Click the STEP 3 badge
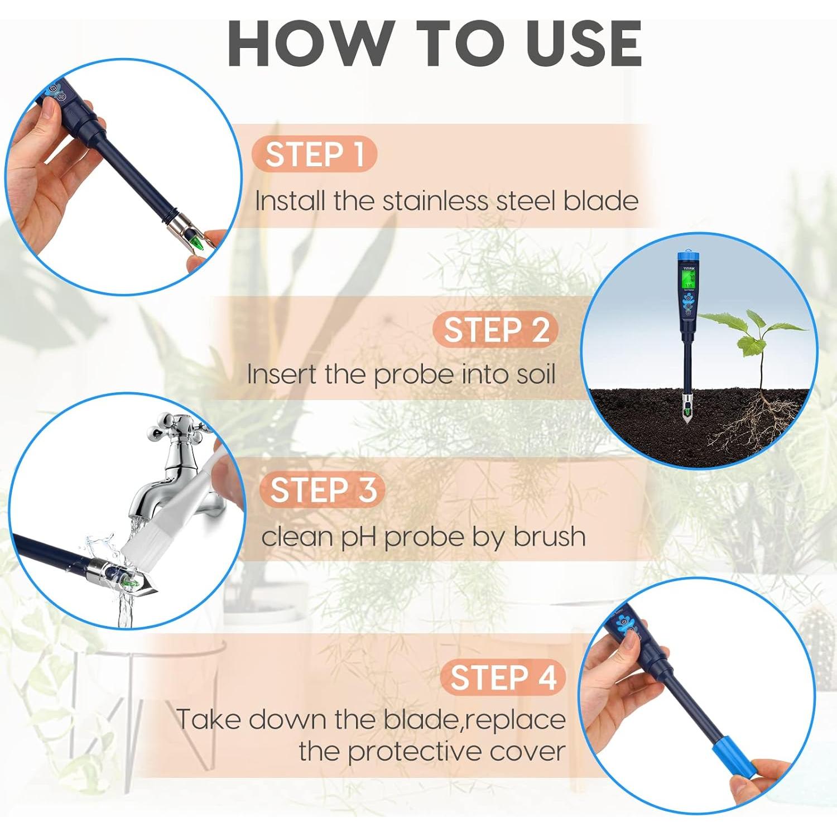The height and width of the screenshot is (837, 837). pos(323,490)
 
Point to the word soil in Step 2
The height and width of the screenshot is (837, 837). pos(535,374)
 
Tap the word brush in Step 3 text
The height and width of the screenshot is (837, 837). pos(549,537)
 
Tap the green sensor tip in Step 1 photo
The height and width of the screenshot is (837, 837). pos(196,241)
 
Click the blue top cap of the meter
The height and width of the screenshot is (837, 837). pos(690,257)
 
